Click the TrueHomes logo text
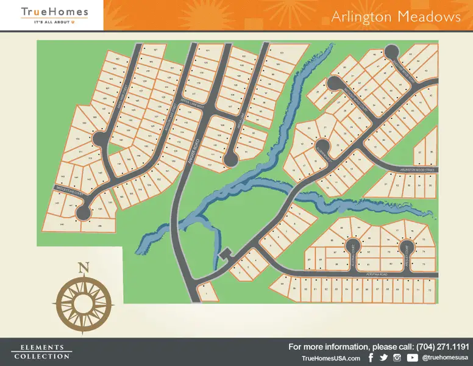(54, 12)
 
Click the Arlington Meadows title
(396, 16)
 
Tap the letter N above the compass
(84, 267)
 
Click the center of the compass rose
(84, 300)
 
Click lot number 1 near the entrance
(207, 293)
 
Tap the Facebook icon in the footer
(371, 357)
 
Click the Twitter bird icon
(383, 357)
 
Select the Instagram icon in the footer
(397, 357)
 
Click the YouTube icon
(412, 357)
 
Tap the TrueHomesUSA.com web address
(330, 358)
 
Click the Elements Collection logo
(41, 353)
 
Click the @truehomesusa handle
(445, 358)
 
